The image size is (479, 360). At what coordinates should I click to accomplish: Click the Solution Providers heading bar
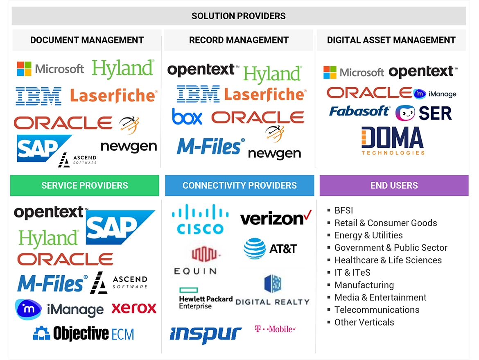click(239, 16)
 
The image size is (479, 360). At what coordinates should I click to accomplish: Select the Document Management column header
click(87, 40)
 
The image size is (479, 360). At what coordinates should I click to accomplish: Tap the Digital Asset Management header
click(391, 40)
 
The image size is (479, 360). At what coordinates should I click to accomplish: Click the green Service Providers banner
click(84, 186)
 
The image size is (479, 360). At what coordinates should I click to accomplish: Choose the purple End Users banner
click(394, 186)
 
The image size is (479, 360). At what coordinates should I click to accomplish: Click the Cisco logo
click(200, 220)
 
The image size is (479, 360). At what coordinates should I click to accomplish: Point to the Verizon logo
click(276, 218)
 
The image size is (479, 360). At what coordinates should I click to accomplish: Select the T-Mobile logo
click(275, 329)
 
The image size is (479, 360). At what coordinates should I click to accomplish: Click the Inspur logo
click(206, 334)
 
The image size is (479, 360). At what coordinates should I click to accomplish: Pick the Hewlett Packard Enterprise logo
click(206, 298)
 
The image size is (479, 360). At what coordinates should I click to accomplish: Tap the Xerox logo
click(134, 308)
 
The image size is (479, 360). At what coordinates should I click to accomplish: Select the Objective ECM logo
click(84, 334)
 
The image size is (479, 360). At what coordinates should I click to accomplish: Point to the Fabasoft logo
click(359, 111)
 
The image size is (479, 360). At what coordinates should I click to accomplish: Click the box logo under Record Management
click(187, 117)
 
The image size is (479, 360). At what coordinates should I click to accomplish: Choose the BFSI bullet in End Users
click(343, 211)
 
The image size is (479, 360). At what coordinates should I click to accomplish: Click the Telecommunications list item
click(377, 310)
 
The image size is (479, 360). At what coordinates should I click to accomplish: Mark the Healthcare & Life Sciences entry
click(388, 260)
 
